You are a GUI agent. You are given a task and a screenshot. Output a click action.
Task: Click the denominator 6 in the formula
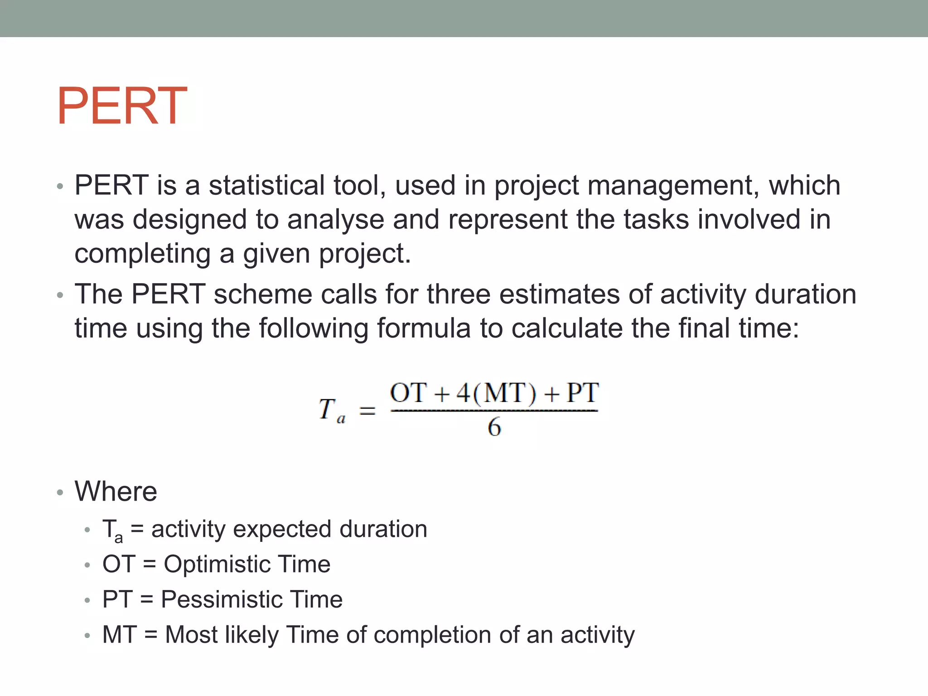pos(494,427)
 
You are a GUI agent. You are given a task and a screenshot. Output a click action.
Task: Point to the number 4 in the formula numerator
pos(463,393)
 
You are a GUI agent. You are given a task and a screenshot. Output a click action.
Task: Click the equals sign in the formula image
pos(367,411)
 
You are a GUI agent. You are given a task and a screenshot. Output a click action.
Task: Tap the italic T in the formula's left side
pos(327,409)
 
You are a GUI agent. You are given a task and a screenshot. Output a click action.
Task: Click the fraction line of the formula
pos(494,411)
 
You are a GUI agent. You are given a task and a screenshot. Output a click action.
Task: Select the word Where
pos(116,491)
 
